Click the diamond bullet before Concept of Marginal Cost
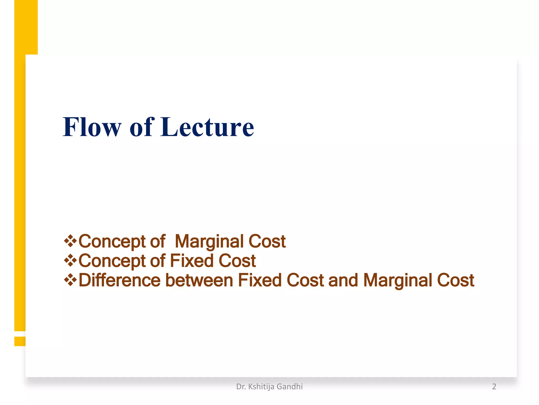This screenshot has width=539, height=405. (70, 241)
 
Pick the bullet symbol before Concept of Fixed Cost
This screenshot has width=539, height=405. (70, 261)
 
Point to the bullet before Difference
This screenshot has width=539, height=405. (70, 280)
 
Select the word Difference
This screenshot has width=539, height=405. (119, 280)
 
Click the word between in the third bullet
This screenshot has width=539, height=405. (199, 280)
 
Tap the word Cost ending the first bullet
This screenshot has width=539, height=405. (267, 242)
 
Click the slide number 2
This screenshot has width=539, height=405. (494, 387)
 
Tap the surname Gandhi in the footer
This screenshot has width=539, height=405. (290, 387)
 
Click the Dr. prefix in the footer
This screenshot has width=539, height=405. (241, 387)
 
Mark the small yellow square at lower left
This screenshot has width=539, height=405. (20, 341)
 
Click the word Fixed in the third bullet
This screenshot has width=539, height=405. (260, 280)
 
